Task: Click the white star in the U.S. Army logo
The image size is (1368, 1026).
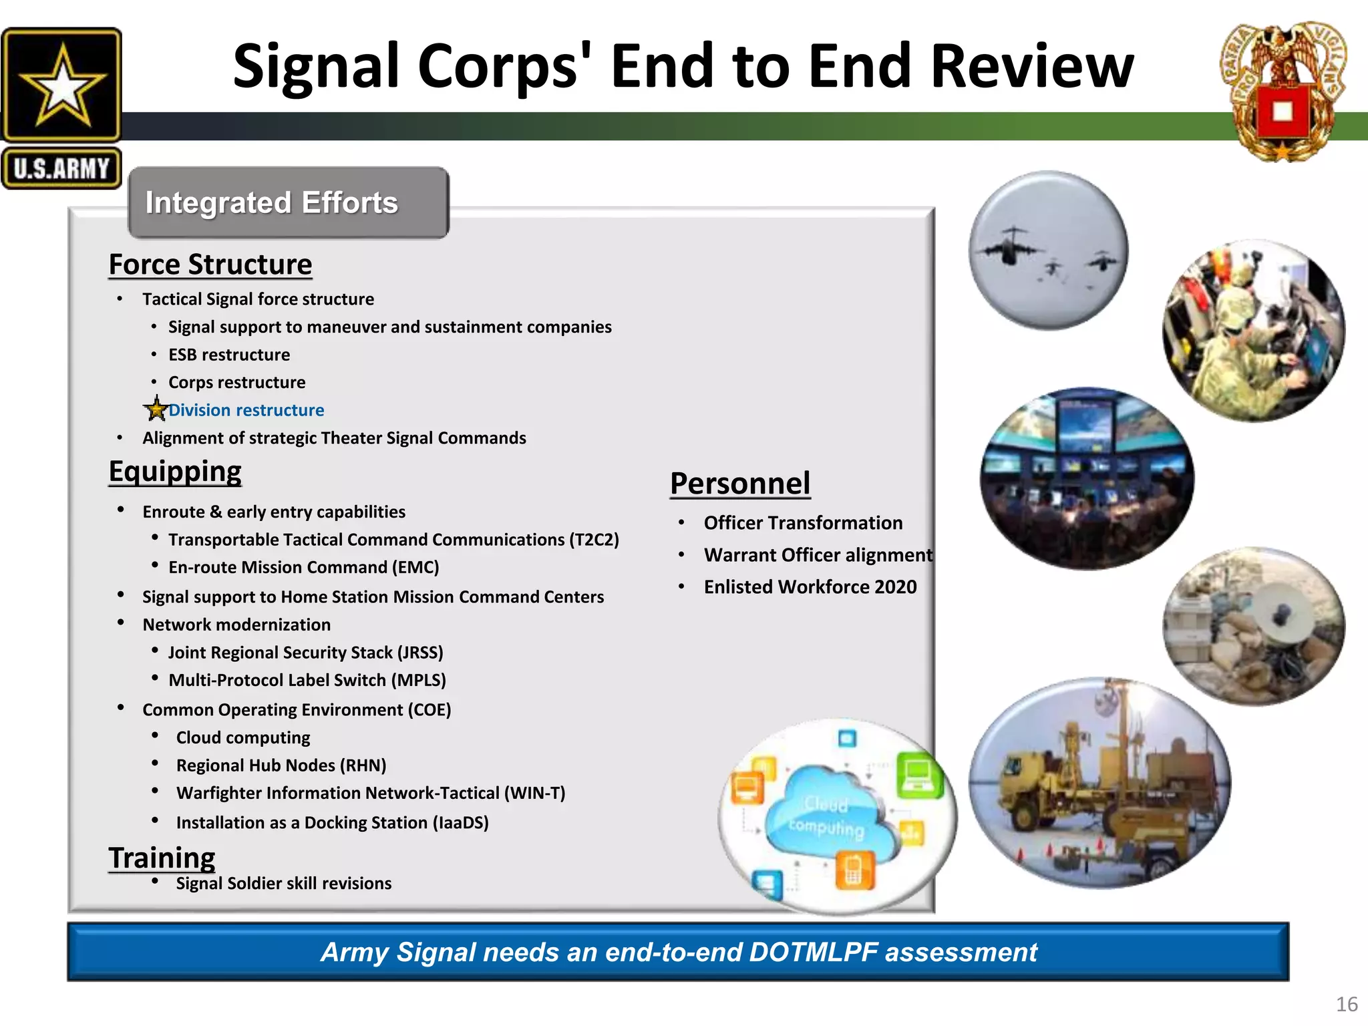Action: [x=61, y=85]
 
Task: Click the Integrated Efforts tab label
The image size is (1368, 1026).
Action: [x=271, y=202]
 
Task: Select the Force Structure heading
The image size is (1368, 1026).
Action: [x=210, y=265]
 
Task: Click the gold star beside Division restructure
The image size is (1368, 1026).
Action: [x=156, y=409]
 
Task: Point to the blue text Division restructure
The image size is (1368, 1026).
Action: [x=246, y=410]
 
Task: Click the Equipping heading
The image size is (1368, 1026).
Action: [x=175, y=472]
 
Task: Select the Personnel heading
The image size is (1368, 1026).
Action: [x=739, y=484]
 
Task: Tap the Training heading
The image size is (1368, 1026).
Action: [x=162, y=858]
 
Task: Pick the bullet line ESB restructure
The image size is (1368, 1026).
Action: [x=228, y=355]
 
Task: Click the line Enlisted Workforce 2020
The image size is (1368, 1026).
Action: [x=810, y=587]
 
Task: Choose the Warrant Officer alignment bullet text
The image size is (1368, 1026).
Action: [x=818, y=555]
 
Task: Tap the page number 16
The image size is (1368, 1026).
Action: [x=1346, y=1004]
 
